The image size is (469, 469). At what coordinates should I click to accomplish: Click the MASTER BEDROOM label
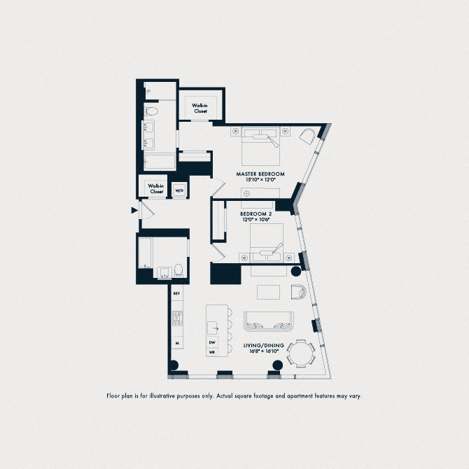point(260,174)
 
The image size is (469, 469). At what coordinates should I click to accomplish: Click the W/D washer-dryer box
point(179,190)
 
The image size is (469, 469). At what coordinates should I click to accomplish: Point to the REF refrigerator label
point(177,294)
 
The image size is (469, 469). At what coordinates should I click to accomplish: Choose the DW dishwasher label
point(213,342)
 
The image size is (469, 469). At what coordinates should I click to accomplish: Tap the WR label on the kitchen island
point(213,353)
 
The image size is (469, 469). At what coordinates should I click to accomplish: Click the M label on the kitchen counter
point(177,343)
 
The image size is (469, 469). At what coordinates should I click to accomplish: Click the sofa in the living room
point(269,322)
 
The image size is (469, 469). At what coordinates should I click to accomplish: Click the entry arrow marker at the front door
point(134,209)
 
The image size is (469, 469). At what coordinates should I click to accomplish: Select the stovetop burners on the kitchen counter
point(178,318)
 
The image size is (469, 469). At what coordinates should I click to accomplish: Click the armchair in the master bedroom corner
point(308,135)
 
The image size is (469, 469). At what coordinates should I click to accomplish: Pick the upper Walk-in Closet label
point(201,108)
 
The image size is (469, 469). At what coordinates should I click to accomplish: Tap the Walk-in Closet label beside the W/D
point(156,188)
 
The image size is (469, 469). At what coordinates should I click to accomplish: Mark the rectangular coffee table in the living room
point(268,291)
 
